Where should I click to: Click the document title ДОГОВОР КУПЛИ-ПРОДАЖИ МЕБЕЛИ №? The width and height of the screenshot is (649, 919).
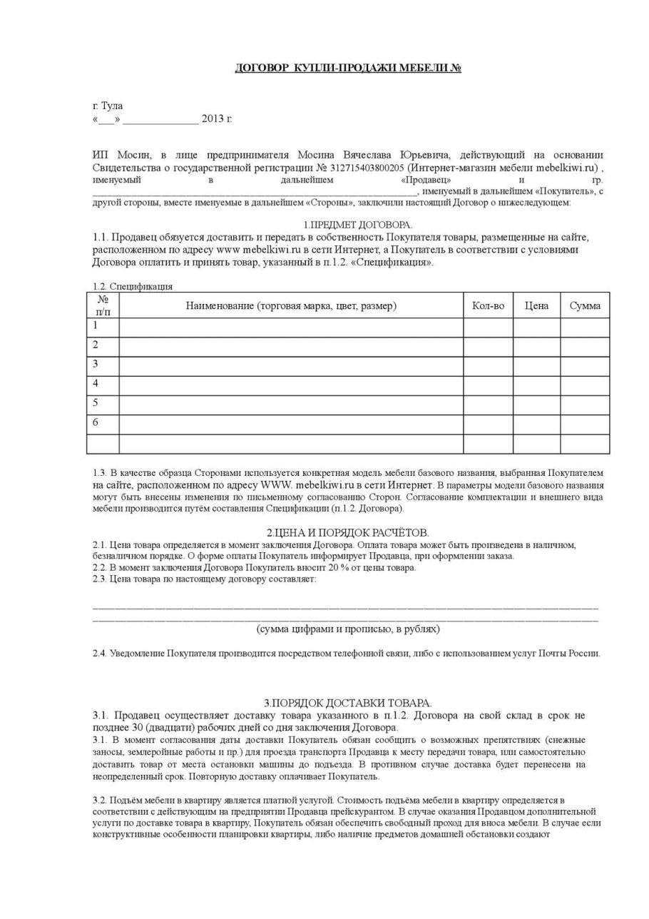(348, 68)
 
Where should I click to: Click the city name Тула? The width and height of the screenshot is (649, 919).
(112, 106)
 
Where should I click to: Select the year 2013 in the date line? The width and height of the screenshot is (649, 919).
(213, 118)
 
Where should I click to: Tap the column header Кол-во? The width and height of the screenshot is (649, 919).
(488, 306)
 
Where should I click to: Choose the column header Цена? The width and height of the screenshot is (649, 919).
(536, 306)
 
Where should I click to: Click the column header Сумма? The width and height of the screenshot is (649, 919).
(585, 306)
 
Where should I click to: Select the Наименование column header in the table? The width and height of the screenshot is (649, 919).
(291, 306)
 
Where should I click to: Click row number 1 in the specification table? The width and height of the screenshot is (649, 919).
(96, 325)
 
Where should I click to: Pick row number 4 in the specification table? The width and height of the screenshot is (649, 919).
(96, 384)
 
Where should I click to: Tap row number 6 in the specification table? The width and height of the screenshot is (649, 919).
(96, 422)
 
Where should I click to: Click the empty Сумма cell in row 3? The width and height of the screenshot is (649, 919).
(585, 365)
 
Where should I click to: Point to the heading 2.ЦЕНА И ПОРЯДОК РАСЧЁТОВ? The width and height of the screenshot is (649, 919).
(347, 533)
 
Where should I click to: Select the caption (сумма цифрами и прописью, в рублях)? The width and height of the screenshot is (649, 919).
(347, 629)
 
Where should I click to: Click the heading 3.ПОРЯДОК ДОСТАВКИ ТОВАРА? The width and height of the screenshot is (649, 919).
(347, 703)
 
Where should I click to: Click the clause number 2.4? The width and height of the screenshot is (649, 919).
(100, 653)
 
